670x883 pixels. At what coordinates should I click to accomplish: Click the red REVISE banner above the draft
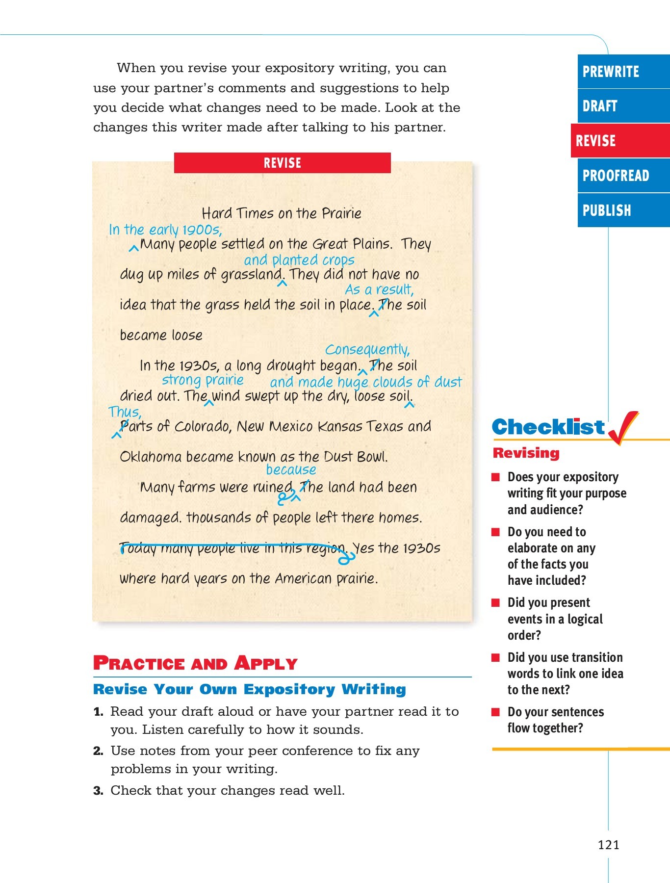point(282,163)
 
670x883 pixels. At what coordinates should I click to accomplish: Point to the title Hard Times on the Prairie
point(282,213)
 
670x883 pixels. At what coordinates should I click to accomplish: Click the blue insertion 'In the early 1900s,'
point(165,230)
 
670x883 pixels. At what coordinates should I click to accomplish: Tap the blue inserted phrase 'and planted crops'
point(299,260)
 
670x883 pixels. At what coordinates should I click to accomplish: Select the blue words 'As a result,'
point(379,290)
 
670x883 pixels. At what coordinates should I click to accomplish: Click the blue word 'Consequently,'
point(367,350)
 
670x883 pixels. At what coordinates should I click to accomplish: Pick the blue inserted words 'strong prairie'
point(203,380)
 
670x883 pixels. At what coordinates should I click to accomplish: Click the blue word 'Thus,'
point(125,412)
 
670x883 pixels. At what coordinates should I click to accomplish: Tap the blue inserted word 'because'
point(291,470)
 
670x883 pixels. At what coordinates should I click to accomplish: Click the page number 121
point(608,845)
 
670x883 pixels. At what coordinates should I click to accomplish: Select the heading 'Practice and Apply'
point(195,663)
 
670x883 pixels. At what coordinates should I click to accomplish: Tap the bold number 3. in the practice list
point(98,791)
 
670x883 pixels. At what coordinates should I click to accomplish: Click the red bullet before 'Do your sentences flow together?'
point(496,712)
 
